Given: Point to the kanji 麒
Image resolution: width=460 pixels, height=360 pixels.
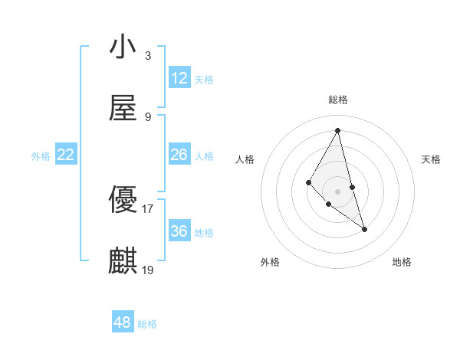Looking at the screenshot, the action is pyautogui.click(x=123, y=260).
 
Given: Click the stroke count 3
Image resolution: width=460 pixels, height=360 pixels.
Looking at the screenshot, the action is pyautogui.click(x=147, y=55).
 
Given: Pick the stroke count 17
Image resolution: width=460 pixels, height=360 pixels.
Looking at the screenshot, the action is pyautogui.click(x=148, y=208).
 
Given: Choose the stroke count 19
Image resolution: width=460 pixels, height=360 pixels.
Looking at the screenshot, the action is pyautogui.click(x=148, y=269).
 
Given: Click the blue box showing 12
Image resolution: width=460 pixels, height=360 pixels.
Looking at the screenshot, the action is pyautogui.click(x=179, y=78).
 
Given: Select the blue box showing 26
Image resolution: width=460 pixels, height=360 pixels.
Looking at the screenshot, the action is pyautogui.click(x=179, y=155).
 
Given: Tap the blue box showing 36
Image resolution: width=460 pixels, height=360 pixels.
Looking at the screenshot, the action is pyautogui.click(x=179, y=231).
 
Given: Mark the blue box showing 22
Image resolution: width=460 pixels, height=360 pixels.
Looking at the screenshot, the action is pyautogui.click(x=66, y=155).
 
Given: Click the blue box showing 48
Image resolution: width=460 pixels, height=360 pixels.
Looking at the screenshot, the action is pyautogui.click(x=123, y=322).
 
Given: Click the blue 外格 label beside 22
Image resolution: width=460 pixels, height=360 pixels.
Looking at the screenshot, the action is pyautogui.click(x=41, y=155).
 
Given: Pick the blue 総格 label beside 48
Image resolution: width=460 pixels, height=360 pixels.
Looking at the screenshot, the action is pyautogui.click(x=147, y=324).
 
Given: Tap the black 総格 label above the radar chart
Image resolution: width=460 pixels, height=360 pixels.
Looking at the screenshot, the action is pyautogui.click(x=338, y=100).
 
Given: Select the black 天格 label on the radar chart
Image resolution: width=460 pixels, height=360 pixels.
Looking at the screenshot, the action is pyautogui.click(x=432, y=159).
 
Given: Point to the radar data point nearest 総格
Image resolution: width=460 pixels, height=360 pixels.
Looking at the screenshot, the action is pyautogui.click(x=338, y=130).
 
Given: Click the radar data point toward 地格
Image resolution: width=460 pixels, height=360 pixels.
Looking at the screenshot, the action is pyautogui.click(x=364, y=229).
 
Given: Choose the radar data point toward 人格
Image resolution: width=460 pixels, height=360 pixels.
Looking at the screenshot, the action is pyautogui.click(x=308, y=182).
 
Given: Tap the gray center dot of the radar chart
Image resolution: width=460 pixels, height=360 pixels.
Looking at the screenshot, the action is pyautogui.click(x=338, y=191).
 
